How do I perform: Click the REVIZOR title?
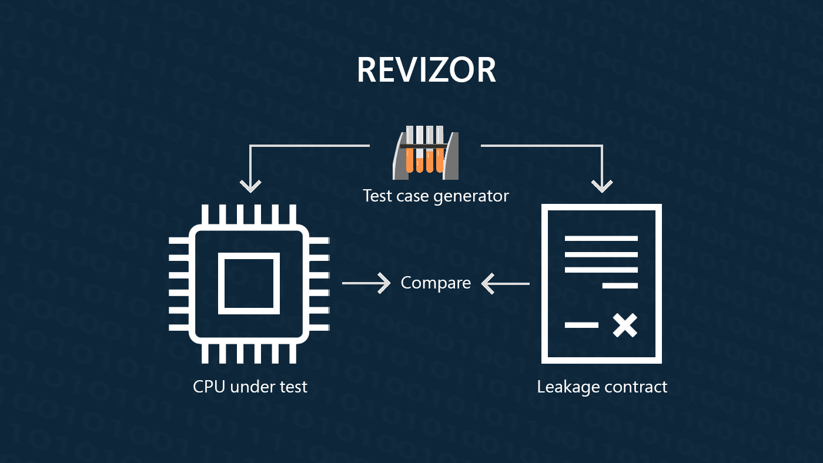point(426,70)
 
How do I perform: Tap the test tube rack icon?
point(426,153)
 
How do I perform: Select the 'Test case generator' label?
point(436,196)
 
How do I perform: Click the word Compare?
point(436,283)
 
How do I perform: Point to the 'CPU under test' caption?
point(250,387)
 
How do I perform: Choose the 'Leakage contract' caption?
point(602,387)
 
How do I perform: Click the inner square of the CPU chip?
point(249,283)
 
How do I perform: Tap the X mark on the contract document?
point(624,325)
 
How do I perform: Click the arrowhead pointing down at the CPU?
point(250,185)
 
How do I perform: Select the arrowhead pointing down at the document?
point(601,185)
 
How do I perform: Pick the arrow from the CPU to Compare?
point(367,283)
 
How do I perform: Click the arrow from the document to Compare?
point(505,284)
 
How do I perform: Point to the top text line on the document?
point(601,239)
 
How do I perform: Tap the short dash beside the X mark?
point(581,325)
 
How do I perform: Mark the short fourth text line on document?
point(620,286)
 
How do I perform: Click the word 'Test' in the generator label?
point(374,196)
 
